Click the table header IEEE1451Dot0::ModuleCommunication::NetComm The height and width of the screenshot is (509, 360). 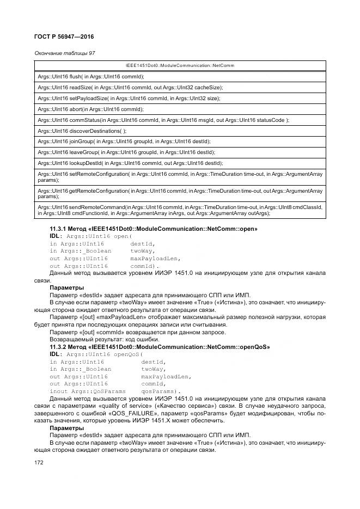[180, 65]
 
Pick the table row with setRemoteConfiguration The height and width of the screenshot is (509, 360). [180, 177]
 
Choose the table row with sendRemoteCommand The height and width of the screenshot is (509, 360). [180, 210]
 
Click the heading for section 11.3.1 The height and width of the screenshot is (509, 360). [154, 229]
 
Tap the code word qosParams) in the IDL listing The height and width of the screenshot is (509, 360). [161, 391]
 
